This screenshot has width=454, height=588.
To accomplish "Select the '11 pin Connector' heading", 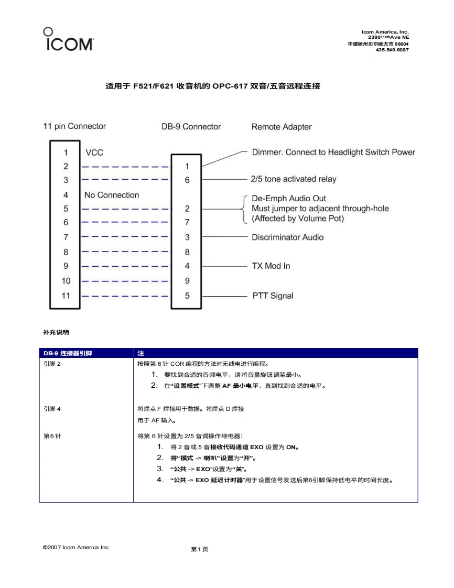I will [74, 126].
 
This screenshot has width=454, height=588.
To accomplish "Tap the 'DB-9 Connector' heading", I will [191, 127].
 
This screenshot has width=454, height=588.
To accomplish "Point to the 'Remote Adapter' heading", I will [282, 127].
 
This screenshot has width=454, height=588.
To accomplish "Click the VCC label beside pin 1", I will [94, 153].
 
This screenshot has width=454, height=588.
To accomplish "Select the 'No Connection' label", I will [112, 195].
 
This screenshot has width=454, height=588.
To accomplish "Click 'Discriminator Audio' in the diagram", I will [287, 237].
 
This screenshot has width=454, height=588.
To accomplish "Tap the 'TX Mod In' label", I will [271, 266].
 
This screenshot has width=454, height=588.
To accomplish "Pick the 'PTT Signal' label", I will [273, 296].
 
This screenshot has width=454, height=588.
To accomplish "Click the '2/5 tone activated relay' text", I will [294, 179].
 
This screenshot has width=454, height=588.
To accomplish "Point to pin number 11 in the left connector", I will [66, 296].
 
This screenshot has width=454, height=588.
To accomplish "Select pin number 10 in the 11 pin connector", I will [66, 281].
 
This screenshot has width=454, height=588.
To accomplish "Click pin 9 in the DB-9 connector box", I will [187, 281].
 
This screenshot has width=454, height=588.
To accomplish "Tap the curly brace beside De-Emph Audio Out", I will [244, 209].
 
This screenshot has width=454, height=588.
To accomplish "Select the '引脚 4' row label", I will [52, 409].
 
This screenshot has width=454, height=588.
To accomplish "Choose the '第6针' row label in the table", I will [52, 436].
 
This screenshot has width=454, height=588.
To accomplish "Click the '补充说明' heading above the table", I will [56, 332].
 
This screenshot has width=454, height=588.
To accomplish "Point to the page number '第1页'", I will [200, 549].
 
